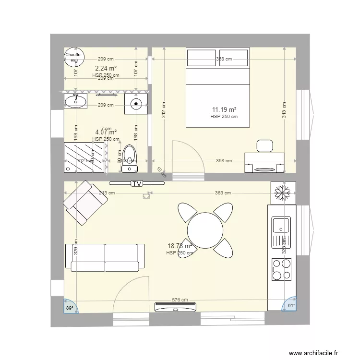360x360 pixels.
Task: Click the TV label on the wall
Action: pyautogui.click(x=137, y=183)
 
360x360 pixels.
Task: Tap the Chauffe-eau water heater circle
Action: pyautogui.click(x=74, y=57)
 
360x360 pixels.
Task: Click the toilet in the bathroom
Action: pyautogui.click(x=129, y=158)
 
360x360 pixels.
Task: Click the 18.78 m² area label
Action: pyautogui.click(x=180, y=246)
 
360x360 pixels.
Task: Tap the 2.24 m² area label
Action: pyautogui.click(x=106, y=69)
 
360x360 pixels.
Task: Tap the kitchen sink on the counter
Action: pyautogui.click(x=281, y=226)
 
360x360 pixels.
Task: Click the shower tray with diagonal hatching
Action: pyautogui.click(x=85, y=156)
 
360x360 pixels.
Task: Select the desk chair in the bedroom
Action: pyautogui.click(x=264, y=145)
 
